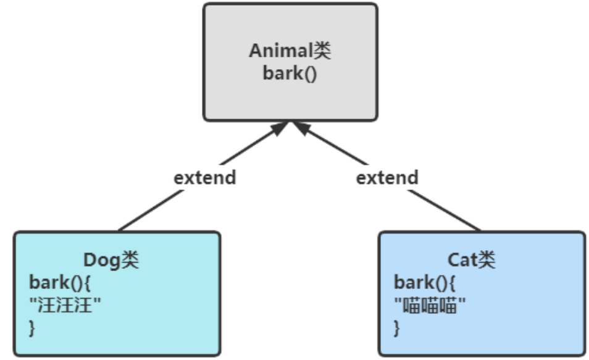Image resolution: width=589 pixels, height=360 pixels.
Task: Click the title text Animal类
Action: pyautogui.click(x=290, y=51)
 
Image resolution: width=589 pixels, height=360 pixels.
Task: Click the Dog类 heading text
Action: pyautogui.click(x=111, y=260)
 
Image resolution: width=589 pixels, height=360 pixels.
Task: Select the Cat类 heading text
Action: pyautogui.click(x=471, y=260)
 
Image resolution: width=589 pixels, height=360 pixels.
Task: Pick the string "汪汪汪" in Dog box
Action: pyautogui.click(x=65, y=305)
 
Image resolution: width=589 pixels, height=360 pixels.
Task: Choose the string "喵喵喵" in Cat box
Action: pyautogui.click(x=430, y=305)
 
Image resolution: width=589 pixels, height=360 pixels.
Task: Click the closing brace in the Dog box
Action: pyautogui.click(x=32, y=327)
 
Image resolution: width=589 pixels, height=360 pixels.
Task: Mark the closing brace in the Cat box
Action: pyautogui.click(x=397, y=327)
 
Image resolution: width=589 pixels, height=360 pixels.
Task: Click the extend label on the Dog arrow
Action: pyautogui.click(x=204, y=178)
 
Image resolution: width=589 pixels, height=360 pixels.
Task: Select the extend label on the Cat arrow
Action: pyautogui.click(x=387, y=178)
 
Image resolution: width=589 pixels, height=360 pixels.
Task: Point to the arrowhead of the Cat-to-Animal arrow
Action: pyautogui.click(x=301, y=127)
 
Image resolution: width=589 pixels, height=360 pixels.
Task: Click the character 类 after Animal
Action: pyautogui.click(x=321, y=51)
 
